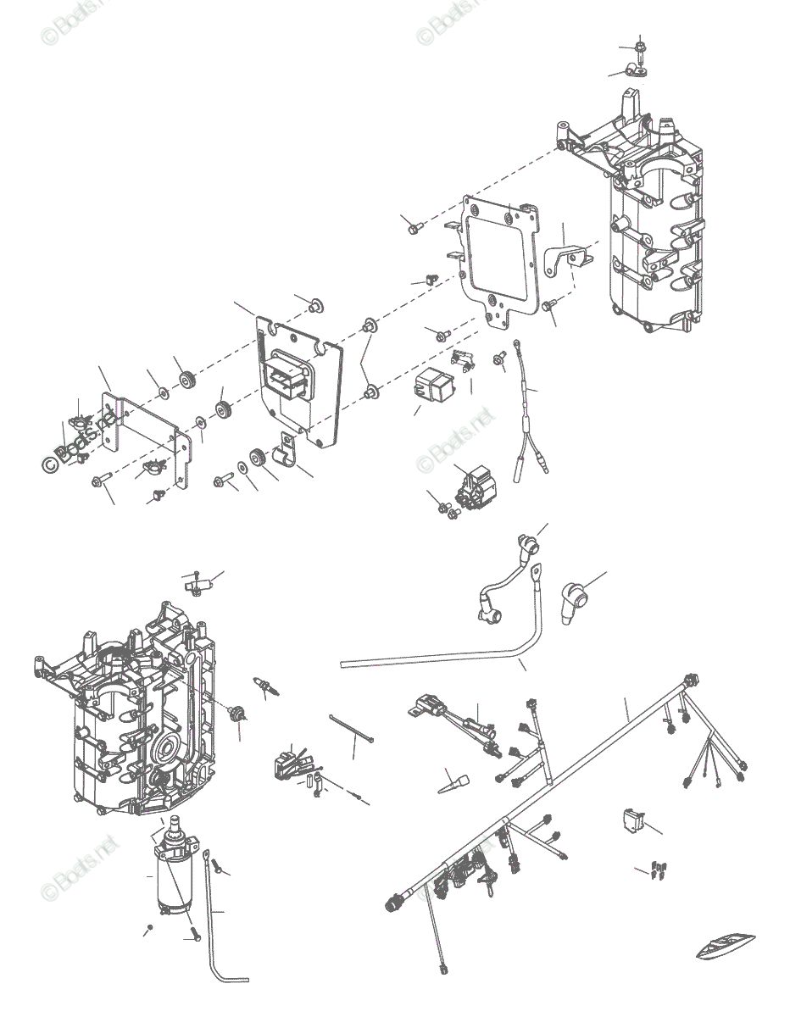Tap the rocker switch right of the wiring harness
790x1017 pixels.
631,819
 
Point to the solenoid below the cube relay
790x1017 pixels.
473,486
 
